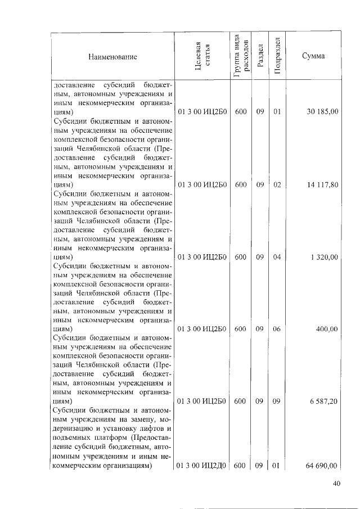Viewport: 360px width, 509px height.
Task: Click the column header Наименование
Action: (112, 56)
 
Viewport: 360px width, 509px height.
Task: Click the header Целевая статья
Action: (202, 56)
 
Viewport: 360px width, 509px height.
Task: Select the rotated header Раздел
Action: (259, 56)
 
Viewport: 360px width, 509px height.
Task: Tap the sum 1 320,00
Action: (324, 257)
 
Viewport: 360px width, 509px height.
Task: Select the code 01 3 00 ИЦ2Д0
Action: (202, 466)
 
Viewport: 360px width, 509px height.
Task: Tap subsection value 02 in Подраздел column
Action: (277, 184)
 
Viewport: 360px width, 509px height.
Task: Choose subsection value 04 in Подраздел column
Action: (277, 257)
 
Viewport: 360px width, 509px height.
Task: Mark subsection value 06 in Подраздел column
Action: (277, 329)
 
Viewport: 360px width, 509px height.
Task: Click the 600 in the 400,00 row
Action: (240, 329)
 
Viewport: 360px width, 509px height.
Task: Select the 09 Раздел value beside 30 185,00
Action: (259, 112)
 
